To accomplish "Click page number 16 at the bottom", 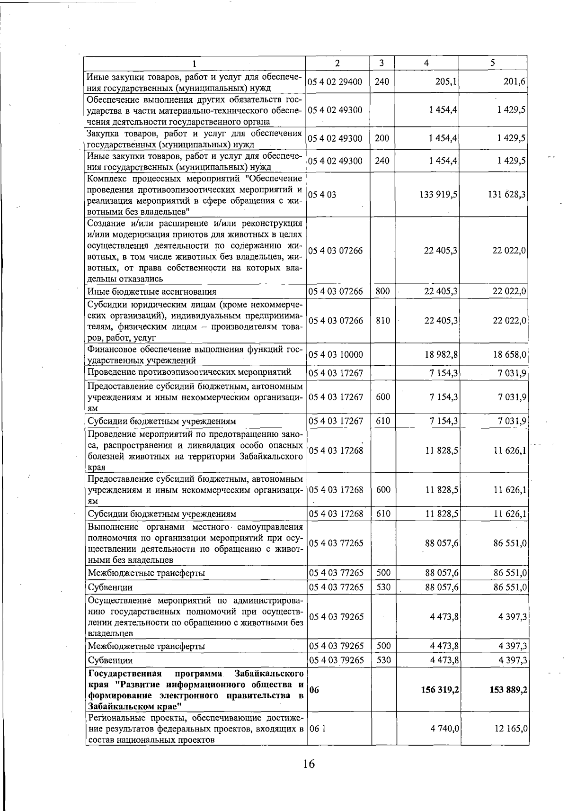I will pos(309,777).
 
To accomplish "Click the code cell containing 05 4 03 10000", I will pos(336,354).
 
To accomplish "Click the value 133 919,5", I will pos(438,194).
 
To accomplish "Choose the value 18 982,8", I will pos(441,354).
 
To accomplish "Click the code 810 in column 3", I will pos(382,321).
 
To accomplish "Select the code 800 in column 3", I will pos(382,291).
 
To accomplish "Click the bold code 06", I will pos(314,690).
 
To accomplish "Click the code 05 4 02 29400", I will pos(336,81).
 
